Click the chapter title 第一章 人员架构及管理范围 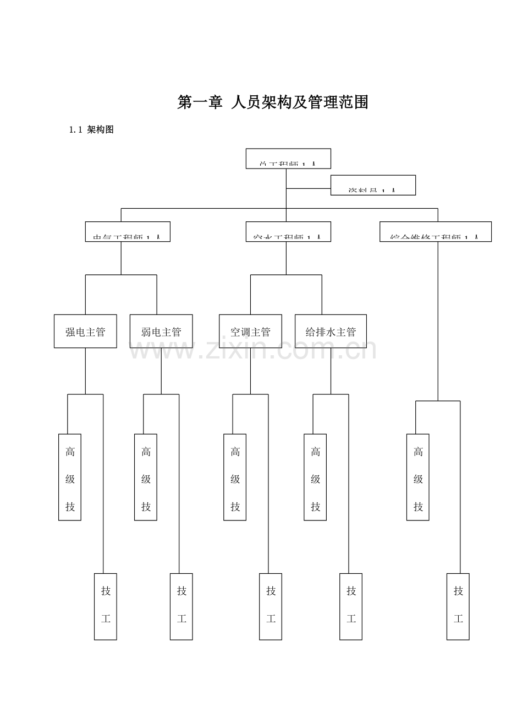272,102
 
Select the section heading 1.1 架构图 91,131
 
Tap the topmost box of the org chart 288,159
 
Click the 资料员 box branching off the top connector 373,186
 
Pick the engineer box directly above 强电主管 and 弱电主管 128,232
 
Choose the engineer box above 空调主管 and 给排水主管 288,232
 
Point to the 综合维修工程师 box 436,232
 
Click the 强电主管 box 85,332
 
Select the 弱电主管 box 161,332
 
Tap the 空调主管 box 250,332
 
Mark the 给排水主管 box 331,332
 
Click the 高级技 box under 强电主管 70,477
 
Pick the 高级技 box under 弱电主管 146,477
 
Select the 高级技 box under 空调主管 235,477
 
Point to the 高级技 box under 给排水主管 315,477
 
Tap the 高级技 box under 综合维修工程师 418,477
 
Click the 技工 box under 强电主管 106,606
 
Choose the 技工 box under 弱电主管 182,606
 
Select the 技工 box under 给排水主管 351,606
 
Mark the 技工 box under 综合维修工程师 458,606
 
